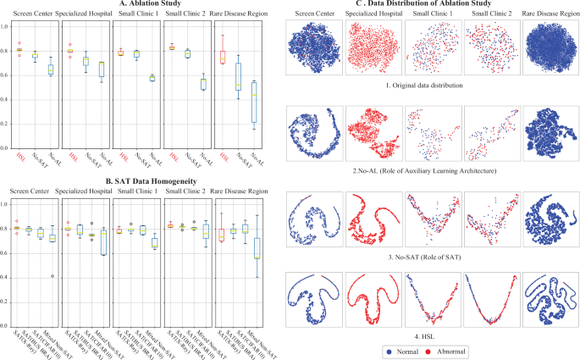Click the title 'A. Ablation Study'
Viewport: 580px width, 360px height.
tap(138, 6)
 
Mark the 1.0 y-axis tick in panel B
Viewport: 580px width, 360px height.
tap(8, 204)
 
